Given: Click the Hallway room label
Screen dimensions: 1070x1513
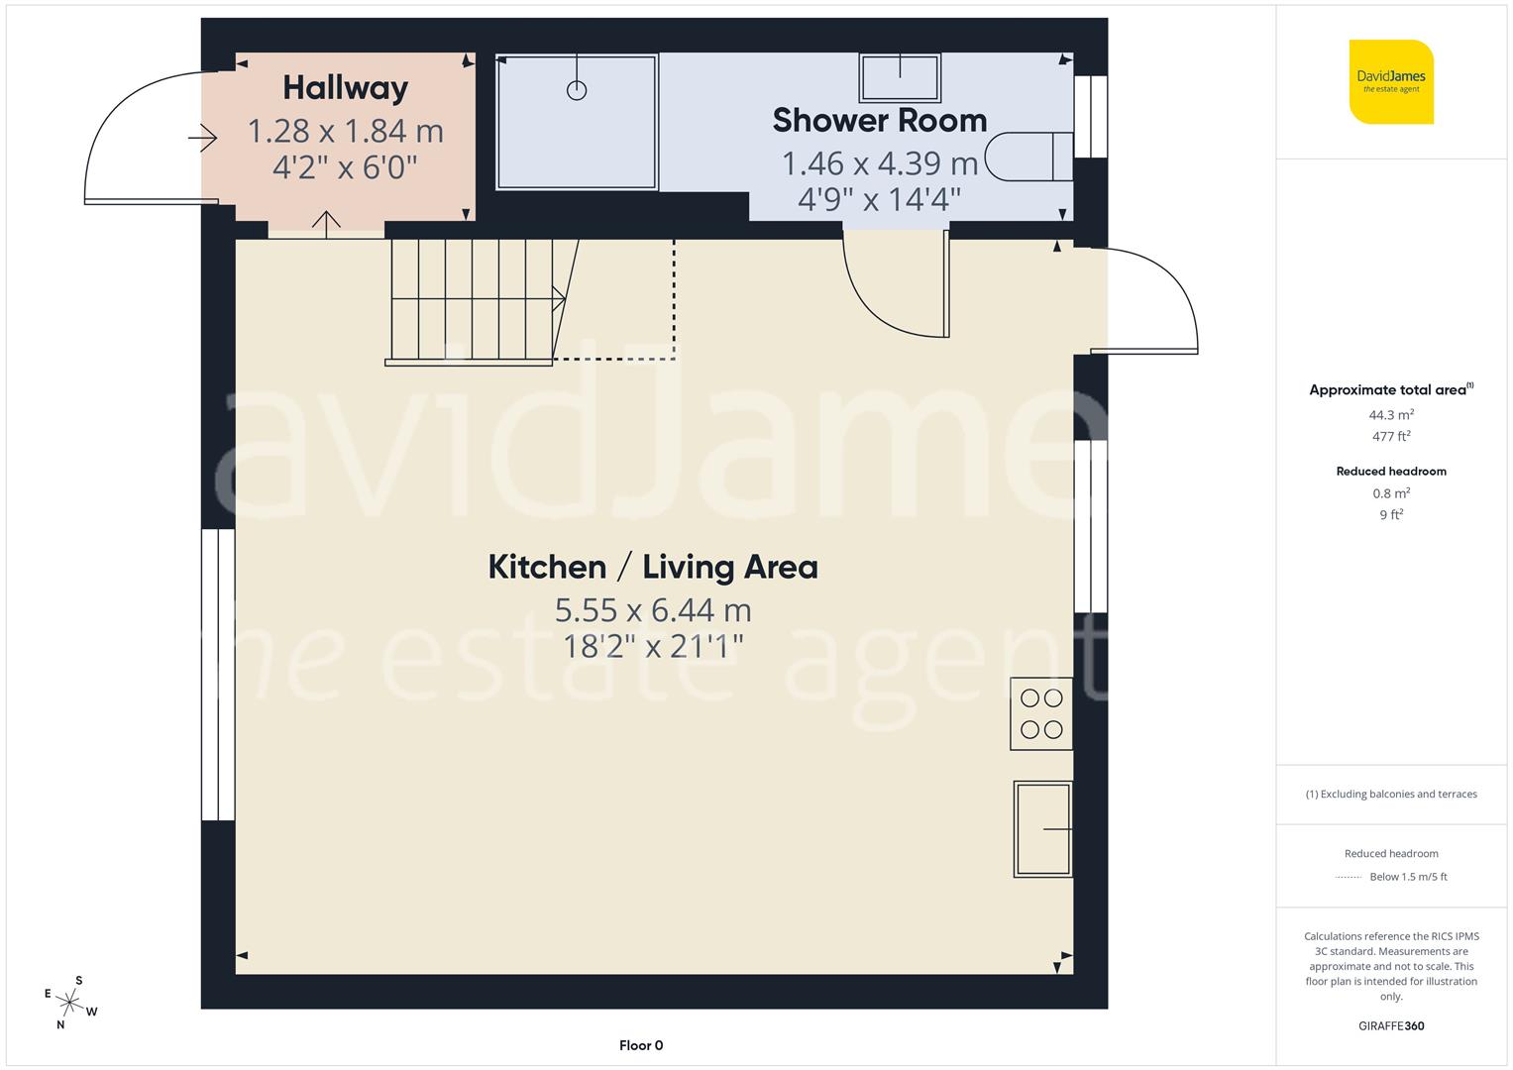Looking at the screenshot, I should (345, 88).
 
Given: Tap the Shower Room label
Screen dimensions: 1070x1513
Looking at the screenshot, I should (879, 120).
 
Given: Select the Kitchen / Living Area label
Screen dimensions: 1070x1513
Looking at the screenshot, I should (653, 567).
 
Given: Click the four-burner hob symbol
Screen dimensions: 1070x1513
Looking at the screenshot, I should (1040, 713).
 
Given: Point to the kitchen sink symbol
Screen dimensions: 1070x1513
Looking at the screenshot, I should (1042, 828).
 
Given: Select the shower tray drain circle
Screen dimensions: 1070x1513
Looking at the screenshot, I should (577, 90).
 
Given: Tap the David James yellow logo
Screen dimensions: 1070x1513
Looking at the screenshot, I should (1391, 82).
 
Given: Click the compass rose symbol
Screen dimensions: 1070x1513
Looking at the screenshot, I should (70, 1003).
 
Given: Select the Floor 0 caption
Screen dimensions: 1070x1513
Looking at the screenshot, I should (641, 1045).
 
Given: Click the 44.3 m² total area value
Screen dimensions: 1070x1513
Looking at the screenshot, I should (1391, 415).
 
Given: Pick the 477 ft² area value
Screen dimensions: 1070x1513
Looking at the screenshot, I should (1391, 436).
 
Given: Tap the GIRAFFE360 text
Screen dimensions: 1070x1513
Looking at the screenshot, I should (1391, 1026).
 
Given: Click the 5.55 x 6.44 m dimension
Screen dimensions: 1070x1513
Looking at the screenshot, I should (653, 609).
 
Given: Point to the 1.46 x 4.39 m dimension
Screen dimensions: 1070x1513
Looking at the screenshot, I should (879, 162).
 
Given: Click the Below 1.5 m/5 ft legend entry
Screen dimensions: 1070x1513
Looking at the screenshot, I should (1407, 877).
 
